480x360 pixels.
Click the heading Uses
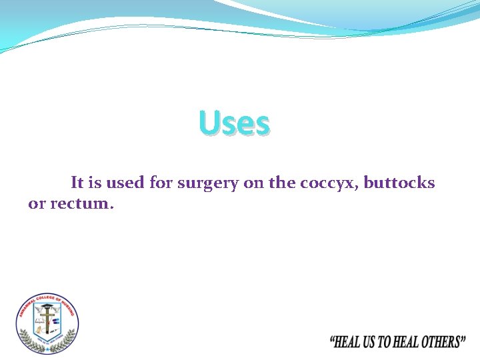click(x=235, y=124)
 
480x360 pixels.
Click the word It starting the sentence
click(x=77, y=183)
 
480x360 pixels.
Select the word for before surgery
click(x=161, y=183)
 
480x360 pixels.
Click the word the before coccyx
click(x=282, y=183)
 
